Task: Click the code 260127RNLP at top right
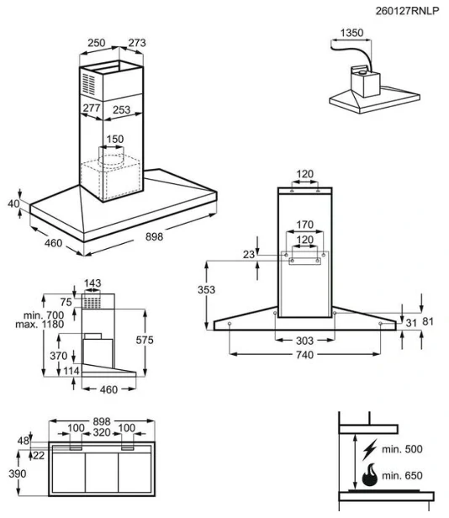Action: coord(407,11)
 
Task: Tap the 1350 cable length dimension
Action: coord(351,33)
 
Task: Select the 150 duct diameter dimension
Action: coord(115,139)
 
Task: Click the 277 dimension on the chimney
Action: coord(92,108)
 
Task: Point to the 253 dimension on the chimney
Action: coord(121,109)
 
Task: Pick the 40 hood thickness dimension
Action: coord(13,203)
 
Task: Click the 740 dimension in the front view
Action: coord(304,355)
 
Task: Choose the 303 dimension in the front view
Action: coord(304,341)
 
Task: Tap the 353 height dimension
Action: coord(207,290)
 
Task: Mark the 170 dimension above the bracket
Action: coord(304,225)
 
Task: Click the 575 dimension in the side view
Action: coord(145,340)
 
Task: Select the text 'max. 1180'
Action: coord(40,325)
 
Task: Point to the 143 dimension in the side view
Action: coord(92,283)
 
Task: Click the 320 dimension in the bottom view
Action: coord(102,432)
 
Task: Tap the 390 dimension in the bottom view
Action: coord(17,473)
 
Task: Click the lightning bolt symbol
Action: coord(370,449)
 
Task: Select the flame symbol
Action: coord(369,475)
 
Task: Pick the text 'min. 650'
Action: coord(402,476)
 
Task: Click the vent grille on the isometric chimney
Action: coord(88,84)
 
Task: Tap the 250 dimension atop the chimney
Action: coord(97,43)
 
